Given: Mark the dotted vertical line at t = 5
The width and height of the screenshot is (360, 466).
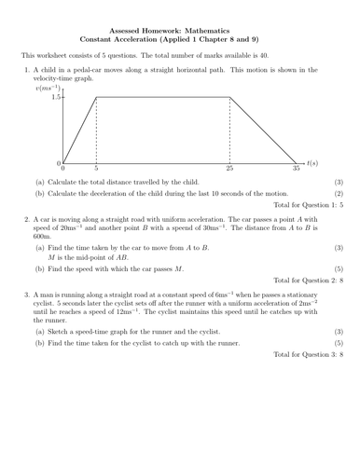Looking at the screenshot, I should click(97, 130).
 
